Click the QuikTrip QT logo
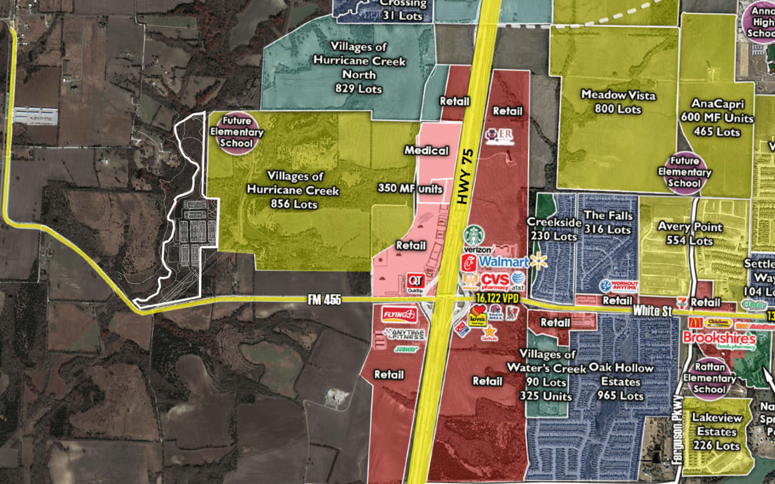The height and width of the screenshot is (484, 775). pyautogui.click(x=415, y=281)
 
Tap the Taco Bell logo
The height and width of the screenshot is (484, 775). pyautogui.click(x=496, y=313)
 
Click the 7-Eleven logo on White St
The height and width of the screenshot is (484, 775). pyautogui.click(x=682, y=301)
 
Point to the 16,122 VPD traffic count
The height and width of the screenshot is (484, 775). pyautogui.click(x=498, y=298)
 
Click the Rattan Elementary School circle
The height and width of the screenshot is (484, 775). pyautogui.click(x=709, y=378)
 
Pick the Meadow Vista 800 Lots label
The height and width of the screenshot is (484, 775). pyautogui.click(x=618, y=101)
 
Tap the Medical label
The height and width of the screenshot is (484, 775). pyautogui.click(x=426, y=150)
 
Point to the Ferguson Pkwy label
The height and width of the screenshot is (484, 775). pyautogui.click(x=679, y=429)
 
